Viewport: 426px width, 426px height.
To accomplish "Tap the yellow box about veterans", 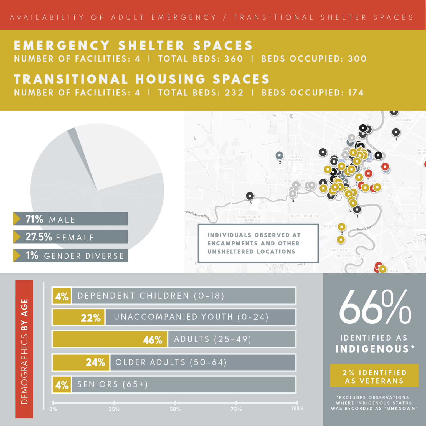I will (x=374, y=376).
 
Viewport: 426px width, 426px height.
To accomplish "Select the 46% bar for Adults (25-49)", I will (x=110, y=339).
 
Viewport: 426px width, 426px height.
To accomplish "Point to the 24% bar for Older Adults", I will (x=81, y=362).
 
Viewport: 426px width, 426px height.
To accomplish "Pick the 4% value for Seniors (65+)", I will (x=62, y=385).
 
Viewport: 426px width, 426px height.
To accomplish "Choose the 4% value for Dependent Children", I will (x=62, y=296).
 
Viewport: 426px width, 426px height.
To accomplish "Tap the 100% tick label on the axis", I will (x=297, y=408).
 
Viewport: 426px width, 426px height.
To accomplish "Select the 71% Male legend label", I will (x=70, y=219).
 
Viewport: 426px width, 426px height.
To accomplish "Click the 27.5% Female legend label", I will (x=70, y=237).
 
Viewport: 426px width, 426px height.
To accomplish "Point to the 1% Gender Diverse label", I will (x=70, y=255).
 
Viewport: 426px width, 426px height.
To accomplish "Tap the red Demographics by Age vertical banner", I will (x=24, y=349).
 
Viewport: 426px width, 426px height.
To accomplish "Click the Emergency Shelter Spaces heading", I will (x=133, y=46).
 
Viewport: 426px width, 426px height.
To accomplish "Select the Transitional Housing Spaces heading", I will (x=141, y=79).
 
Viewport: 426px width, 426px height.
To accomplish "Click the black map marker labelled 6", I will (x=250, y=196).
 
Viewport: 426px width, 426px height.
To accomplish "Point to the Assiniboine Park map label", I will (x=249, y=219).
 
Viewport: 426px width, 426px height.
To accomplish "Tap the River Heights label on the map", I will (x=304, y=216).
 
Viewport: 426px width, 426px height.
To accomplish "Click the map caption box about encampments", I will (x=258, y=243).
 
